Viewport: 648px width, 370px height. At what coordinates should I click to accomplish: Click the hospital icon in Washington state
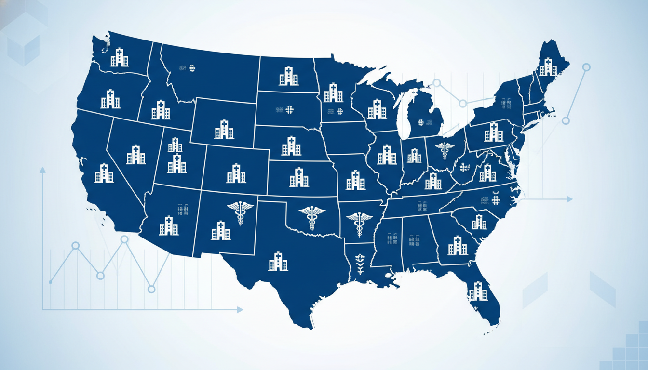coord(119,57)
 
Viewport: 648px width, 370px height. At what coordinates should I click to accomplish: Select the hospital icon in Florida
coord(478,291)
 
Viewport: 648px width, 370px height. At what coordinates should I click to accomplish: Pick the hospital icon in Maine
coord(548,67)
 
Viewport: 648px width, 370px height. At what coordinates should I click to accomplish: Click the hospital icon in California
coord(104,173)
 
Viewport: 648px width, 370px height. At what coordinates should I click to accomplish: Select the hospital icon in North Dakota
coord(288,77)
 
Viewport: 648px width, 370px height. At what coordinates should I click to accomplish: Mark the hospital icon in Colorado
coord(236,173)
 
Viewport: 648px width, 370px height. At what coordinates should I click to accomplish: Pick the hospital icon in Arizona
coord(169,226)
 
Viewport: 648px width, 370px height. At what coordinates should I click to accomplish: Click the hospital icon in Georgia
coord(457,246)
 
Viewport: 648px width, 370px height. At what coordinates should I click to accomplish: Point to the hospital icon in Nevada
coord(135,155)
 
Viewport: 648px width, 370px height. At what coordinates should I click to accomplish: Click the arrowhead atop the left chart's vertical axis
coord(42,170)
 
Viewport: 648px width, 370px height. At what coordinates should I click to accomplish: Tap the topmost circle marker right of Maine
coord(586,67)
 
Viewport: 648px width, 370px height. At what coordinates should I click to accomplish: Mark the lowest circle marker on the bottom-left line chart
coord(151,289)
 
